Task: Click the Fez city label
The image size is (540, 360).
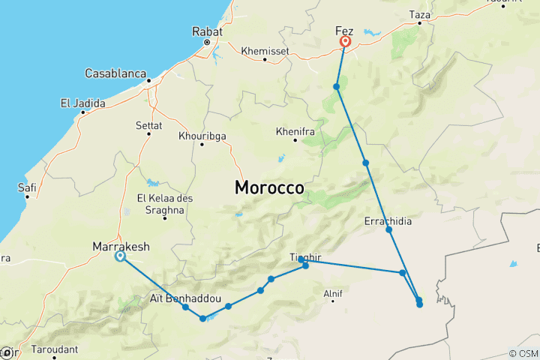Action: pyautogui.click(x=344, y=31)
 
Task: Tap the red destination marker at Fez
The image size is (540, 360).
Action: pyautogui.click(x=346, y=43)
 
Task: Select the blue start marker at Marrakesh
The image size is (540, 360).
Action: pyautogui.click(x=120, y=257)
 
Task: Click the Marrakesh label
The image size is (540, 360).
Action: pyautogui.click(x=121, y=246)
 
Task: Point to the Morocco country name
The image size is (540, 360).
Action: pyautogui.click(x=269, y=187)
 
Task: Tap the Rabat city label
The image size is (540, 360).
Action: pyautogui.click(x=207, y=32)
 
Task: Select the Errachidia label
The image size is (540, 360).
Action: pyautogui.click(x=388, y=221)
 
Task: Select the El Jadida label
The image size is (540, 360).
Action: pyautogui.click(x=83, y=103)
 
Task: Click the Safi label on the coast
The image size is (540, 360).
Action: pyautogui.click(x=27, y=187)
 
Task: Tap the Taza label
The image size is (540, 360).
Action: pyautogui.click(x=419, y=14)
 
